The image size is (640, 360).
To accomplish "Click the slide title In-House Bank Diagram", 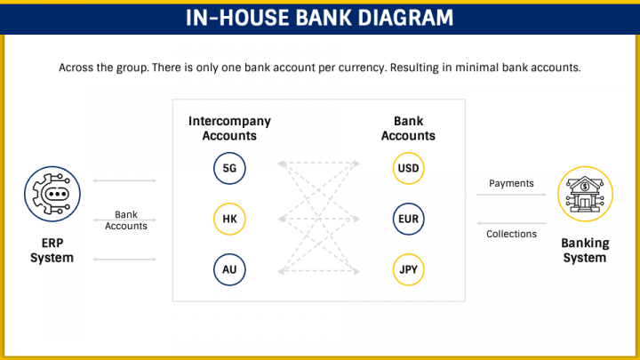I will click(x=319, y=18).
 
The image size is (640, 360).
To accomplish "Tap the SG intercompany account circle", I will click(x=229, y=168).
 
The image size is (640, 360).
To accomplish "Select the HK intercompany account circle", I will click(x=229, y=219).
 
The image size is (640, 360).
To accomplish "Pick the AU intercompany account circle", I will click(x=229, y=269).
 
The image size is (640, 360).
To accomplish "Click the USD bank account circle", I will click(x=409, y=168).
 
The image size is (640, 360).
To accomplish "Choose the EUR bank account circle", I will click(x=409, y=219).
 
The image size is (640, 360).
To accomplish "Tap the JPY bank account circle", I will click(x=409, y=269).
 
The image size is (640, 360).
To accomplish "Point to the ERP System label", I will click(x=52, y=251).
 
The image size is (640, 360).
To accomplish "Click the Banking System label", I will click(x=584, y=251).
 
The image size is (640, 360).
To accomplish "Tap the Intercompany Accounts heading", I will click(x=229, y=129).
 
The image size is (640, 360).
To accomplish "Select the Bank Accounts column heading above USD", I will click(x=408, y=129).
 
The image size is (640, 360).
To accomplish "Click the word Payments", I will click(x=511, y=184).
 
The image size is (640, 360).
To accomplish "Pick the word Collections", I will click(x=511, y=234).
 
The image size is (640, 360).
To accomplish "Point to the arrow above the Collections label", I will click(x=511, y=223).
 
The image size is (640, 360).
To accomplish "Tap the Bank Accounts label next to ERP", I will click(x=125, y=220).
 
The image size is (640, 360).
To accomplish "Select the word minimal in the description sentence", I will click(x=486, y=68).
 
